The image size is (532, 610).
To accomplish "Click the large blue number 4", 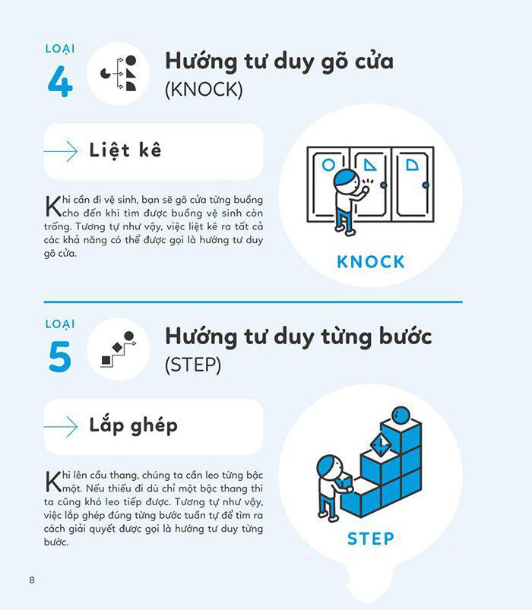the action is [60, 81].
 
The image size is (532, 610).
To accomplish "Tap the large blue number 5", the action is [60, 356].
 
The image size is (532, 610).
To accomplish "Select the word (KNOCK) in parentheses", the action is [204, 90].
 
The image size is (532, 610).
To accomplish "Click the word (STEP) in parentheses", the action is [193, 365].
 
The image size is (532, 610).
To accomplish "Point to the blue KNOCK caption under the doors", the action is [370, 262].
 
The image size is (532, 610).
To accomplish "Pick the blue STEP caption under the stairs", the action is [370, 539].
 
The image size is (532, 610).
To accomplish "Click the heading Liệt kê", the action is [125, 150].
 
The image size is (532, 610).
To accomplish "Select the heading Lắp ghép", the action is [134, 425].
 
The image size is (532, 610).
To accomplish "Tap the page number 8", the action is [32, 580].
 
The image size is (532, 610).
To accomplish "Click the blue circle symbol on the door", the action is [328, 165].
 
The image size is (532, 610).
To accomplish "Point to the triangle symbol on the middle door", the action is [370, 165].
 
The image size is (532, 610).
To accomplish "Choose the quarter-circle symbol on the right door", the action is [412, 165].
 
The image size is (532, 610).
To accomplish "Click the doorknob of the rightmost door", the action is [426, 185].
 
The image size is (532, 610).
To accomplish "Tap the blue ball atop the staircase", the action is [401, 416].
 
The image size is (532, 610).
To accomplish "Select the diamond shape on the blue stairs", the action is [380, 444].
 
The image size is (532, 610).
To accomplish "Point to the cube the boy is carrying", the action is [344, 484].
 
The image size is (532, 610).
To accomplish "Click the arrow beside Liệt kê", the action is [61, 151].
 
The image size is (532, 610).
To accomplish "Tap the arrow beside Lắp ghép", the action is [61, 427].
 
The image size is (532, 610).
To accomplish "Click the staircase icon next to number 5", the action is [119, 349].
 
